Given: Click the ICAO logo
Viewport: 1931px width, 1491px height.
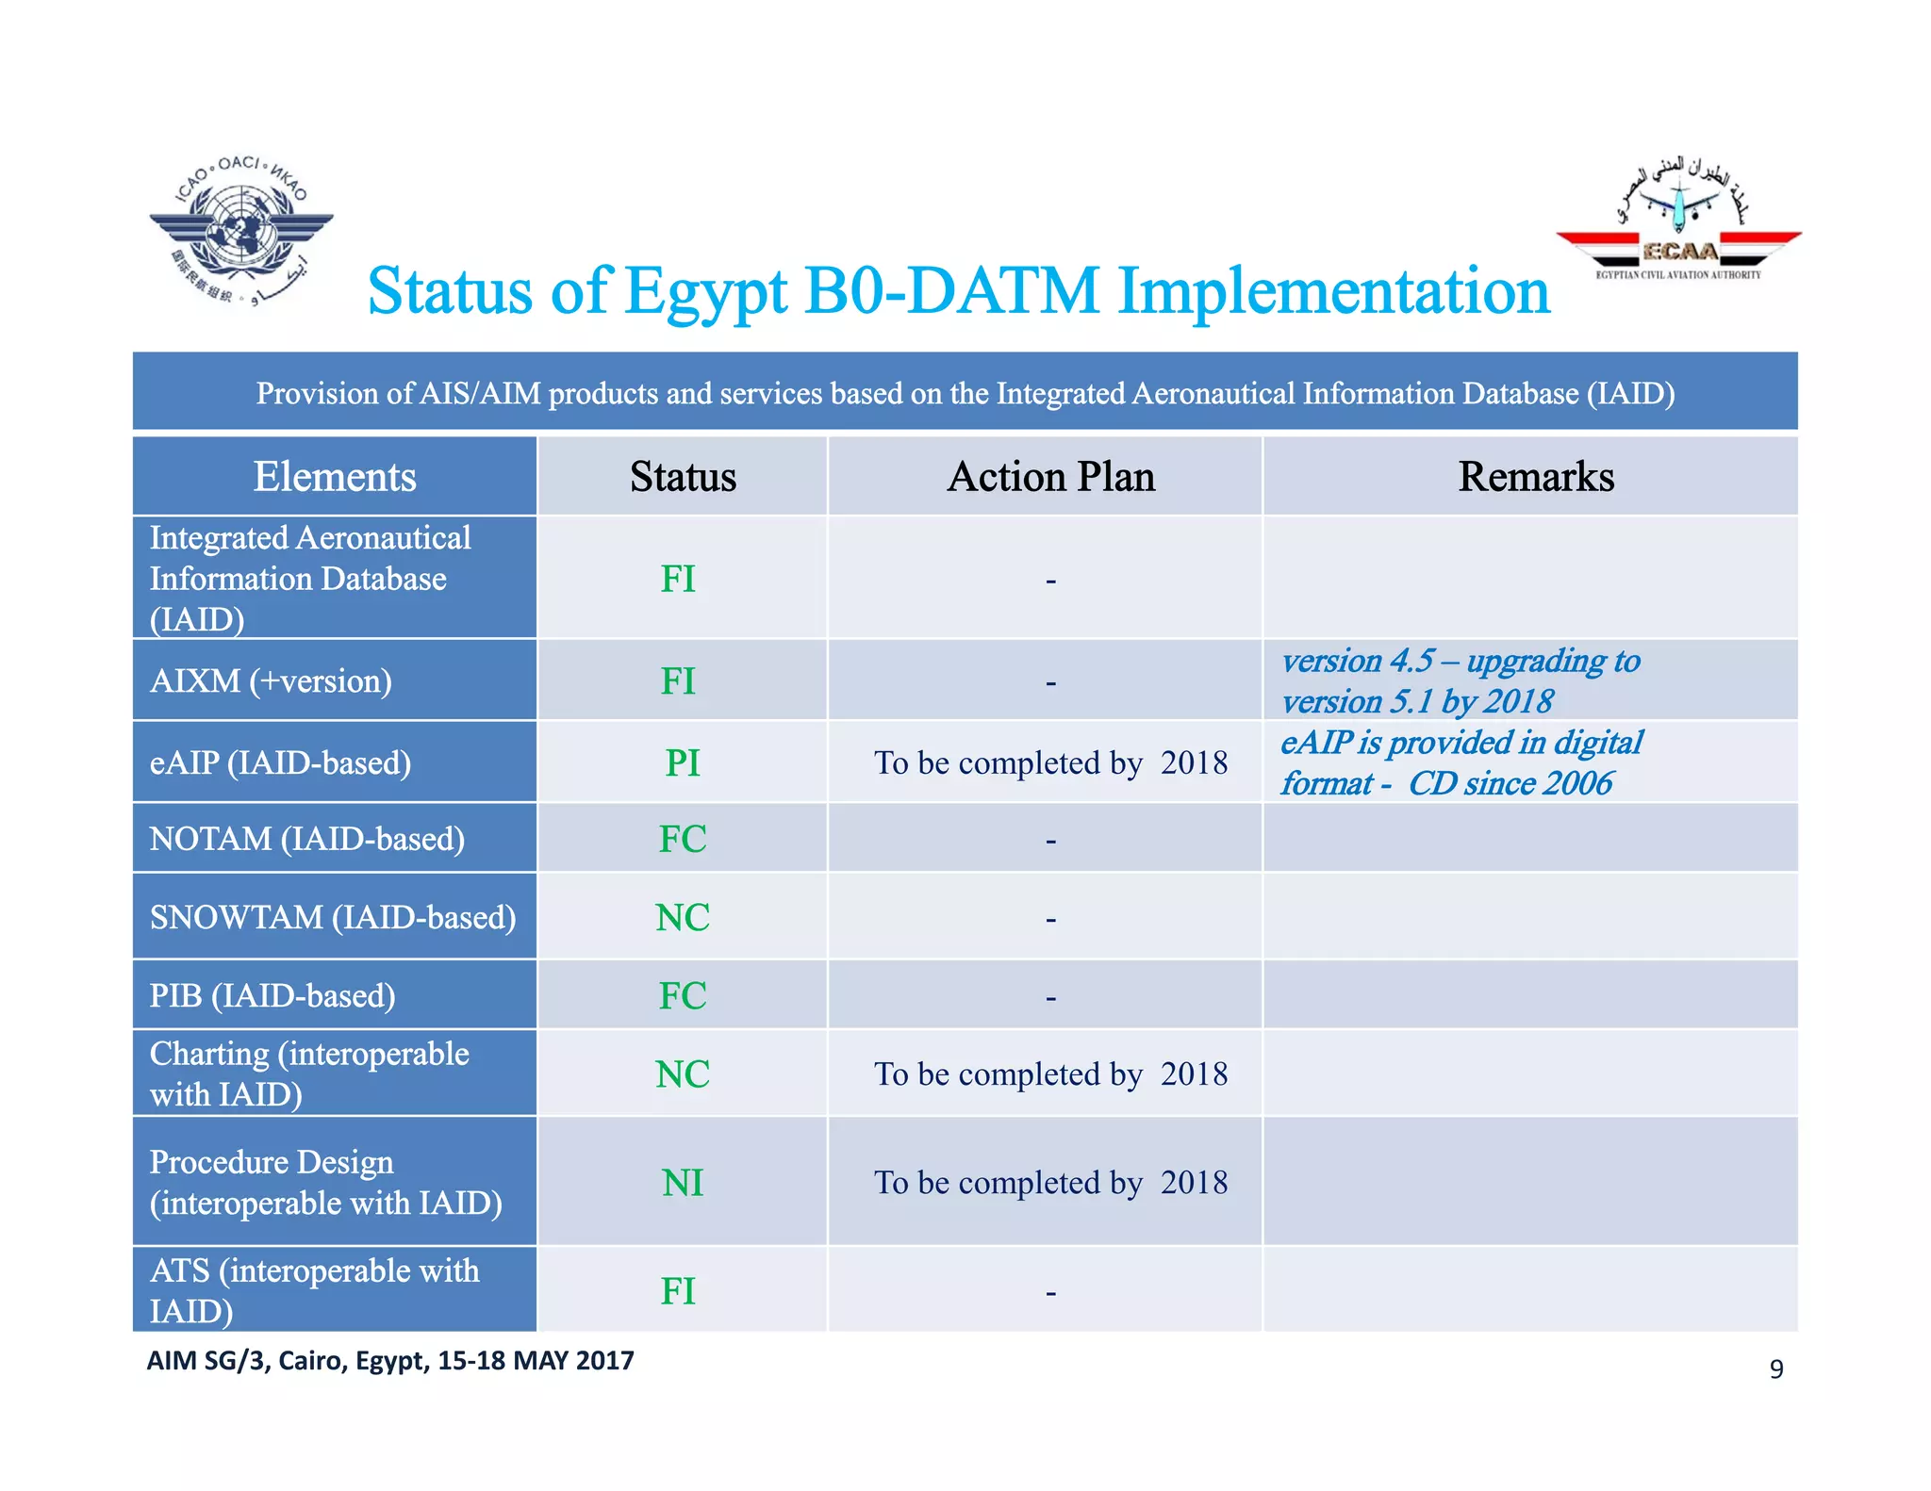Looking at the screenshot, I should [x=241, y=231].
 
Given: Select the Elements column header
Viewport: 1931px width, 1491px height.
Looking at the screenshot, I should [x=335, y=477].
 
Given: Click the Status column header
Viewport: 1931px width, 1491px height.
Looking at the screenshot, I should [x=683, y=477].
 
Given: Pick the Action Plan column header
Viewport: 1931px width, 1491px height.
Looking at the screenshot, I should [x=1050, y=477].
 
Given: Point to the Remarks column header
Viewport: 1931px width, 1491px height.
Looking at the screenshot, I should [x=1535, y=477].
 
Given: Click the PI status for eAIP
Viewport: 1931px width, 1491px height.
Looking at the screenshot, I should [x=682, y=763].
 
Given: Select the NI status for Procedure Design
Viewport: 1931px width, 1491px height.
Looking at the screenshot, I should [x=682, y=1183].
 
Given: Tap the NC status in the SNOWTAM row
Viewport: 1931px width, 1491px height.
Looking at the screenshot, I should [x=682, y=918].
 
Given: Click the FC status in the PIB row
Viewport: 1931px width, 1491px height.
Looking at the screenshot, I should [x=682, y=996].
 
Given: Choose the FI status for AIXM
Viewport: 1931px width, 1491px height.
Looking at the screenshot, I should [x=678, y=681].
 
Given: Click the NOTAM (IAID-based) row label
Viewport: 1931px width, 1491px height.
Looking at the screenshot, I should [x=307, y=839].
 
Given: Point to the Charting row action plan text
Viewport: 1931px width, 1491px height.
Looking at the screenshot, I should [x=1050, y=1074].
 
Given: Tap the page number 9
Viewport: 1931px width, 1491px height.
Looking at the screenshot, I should [x=1775, y=1369].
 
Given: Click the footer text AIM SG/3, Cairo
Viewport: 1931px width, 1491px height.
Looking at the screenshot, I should [x=389, y=1361].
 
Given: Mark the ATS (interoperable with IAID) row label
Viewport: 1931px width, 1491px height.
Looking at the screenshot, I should [x=314, y=1290].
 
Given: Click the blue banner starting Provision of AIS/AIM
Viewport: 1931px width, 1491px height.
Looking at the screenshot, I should [x=965, y=393].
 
